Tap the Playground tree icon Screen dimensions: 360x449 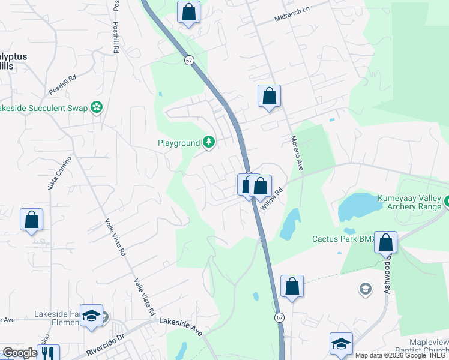(x=208, y=142)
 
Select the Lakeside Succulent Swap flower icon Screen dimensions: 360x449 (x=96, y=108)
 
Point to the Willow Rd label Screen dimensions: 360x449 (x=271, y=199)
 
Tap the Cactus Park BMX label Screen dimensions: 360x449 (x=342, y=239)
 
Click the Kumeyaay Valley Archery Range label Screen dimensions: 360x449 (x=409, y=203)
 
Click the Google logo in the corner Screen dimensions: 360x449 (x=19, y=353)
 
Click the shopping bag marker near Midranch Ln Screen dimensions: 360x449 (x=189, y=12)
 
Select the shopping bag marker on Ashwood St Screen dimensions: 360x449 (x=386, y=243)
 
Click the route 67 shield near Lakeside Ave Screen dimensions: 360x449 (x=280, y=317)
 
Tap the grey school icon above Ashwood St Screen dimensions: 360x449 (x=365, y=290)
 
